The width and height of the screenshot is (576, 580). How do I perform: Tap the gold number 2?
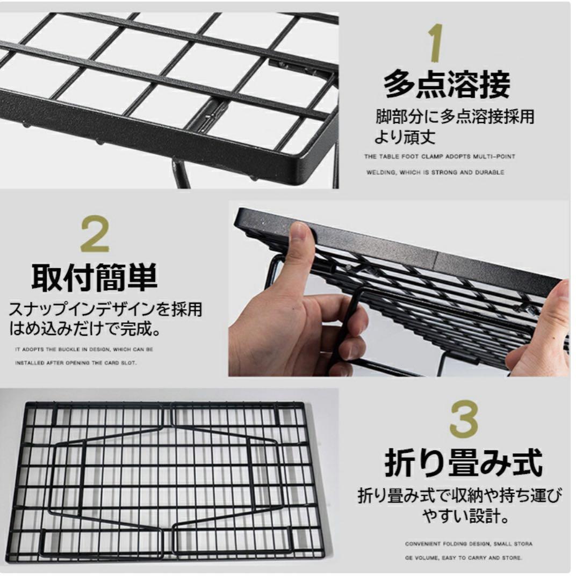click(95, 235)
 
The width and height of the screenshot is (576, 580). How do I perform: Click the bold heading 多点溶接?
click(447, 85)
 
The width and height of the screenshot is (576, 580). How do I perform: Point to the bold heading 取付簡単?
click(95, 278)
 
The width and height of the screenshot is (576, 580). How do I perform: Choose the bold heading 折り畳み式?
click(463, 463)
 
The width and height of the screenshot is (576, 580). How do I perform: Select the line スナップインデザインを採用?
click(105, 309)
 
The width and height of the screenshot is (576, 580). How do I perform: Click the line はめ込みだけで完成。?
click(85, 328)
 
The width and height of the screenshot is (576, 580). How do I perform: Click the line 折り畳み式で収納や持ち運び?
click(460, 495)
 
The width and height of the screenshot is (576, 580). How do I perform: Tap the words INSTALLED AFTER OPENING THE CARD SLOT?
click(76, 363)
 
